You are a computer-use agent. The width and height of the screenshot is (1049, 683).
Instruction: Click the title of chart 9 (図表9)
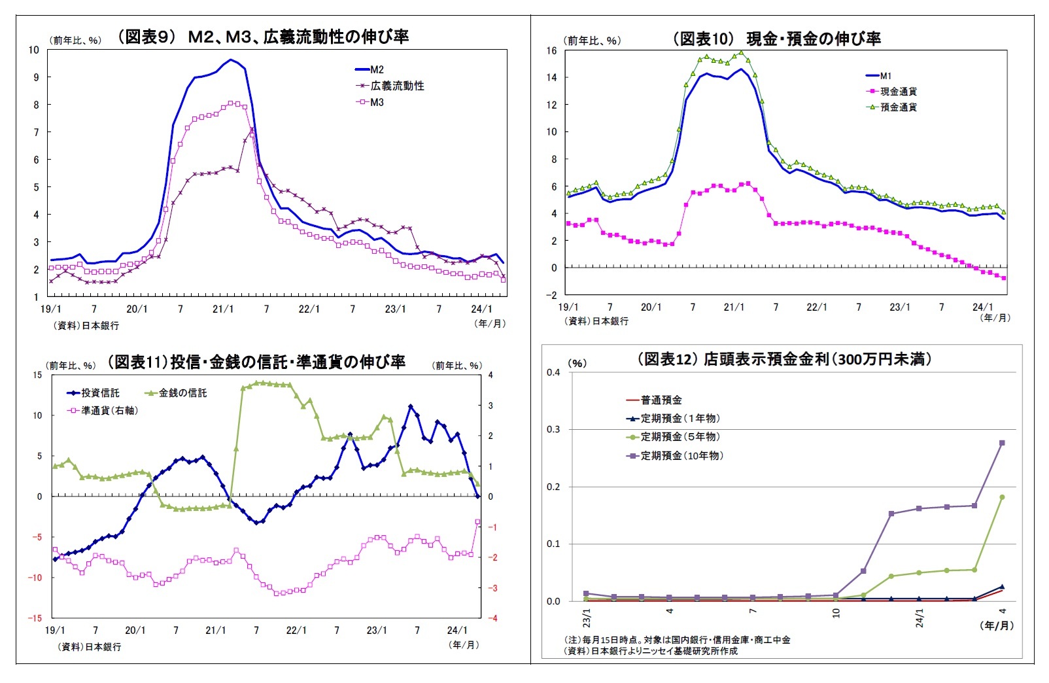tap(262, 37)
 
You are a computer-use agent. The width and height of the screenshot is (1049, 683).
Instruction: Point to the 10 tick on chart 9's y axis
tap(33, 50)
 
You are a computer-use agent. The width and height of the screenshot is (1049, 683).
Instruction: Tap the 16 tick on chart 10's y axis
tap(551, 50)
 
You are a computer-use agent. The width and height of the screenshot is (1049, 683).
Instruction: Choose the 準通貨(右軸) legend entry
tap(109, 411)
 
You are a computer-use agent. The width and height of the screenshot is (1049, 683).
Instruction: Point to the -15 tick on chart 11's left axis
tap(35, 618)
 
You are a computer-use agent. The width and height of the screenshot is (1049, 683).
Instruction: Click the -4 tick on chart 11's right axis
tap(491, 618)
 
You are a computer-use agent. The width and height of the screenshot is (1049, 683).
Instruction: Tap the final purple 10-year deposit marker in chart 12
tap(1002, 443)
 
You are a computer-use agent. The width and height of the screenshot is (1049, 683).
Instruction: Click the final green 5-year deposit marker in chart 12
tap(1002, 497)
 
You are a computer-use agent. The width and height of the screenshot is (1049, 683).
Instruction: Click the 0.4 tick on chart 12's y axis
tap(553, 372)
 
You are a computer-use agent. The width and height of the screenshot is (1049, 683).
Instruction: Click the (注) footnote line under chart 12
tap(677, 640)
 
